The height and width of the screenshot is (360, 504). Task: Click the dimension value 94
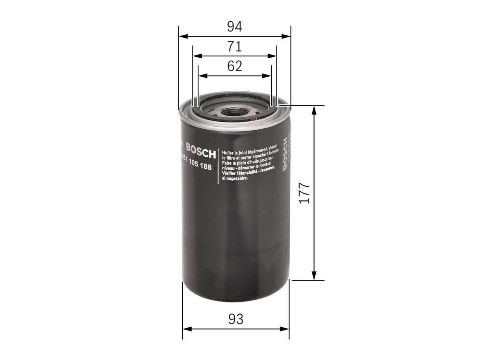pyautogui.click(x=234, y=27)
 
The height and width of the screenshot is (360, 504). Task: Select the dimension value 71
pyautogui.click(x=234, y=46)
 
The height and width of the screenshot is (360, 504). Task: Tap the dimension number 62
pyautogui.click(x=234, y=66)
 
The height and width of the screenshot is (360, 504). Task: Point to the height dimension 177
pyautogui.click(x=305, y=193)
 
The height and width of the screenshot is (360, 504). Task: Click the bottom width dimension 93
pyautogui.click(x=236, y=319)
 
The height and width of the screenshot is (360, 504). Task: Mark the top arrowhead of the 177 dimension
pyautogui.click(x=314, y=110)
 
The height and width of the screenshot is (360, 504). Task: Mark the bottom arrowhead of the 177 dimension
pyautogui.click(x=314, y=276)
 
